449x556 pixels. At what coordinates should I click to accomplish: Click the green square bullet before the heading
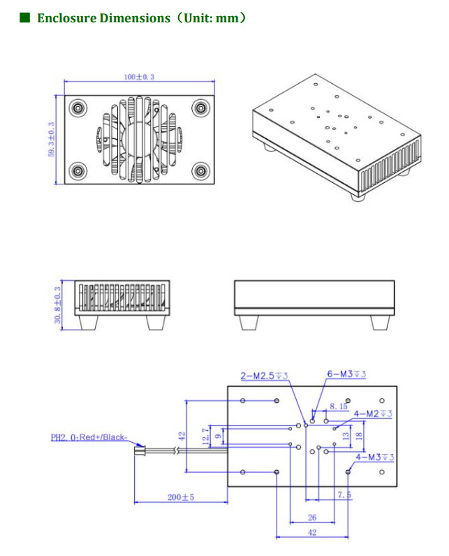(25, 17)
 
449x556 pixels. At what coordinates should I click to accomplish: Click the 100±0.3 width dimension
(138, 76)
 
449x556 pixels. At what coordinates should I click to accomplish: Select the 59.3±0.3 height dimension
(51, 140)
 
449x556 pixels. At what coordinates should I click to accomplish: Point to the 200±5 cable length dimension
(181, 497)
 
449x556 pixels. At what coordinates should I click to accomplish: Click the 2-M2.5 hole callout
(264, 376)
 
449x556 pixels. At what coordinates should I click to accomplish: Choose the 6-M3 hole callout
(346, 374)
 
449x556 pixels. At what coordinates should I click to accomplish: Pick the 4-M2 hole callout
(373, 414)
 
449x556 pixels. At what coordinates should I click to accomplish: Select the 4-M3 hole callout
(375, 458)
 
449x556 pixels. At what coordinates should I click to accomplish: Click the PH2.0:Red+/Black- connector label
(89, 438)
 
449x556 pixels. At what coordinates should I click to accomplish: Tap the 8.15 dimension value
(338, 406)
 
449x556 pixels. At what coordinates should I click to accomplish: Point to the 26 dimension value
(312, 518)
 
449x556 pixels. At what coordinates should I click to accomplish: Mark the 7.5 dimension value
(344, 495)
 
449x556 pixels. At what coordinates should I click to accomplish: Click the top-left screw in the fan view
(78, 108)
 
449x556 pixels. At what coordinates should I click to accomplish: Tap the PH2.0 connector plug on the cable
(140, 451)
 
